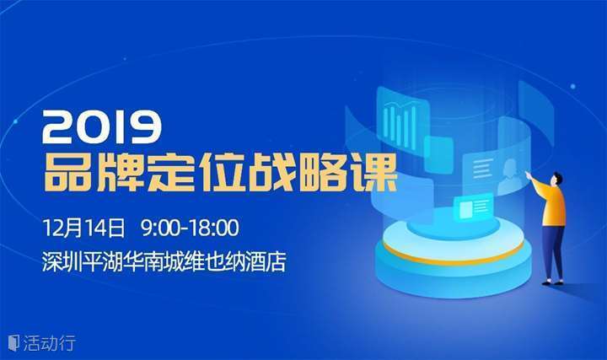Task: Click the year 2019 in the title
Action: pos(102,126)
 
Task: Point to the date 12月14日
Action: pos(84,228)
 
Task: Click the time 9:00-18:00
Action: pos(190,228)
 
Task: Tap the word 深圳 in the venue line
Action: pos(62,261)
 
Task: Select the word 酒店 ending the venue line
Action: pos(266,261)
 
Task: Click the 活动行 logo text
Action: pos(49,343)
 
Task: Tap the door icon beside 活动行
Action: pos(14,342)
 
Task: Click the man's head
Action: pos(556,180)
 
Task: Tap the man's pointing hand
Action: pos(528,174)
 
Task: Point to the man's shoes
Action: pos(553,283)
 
